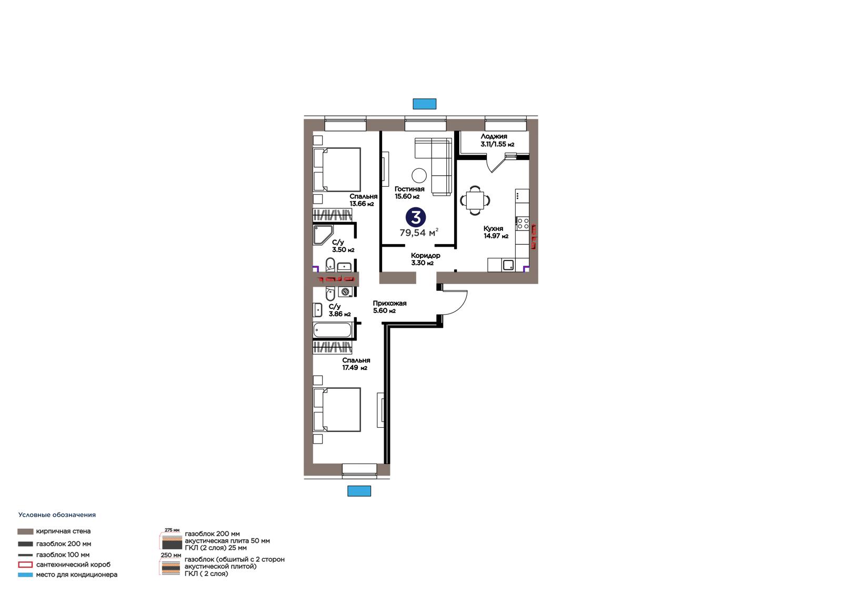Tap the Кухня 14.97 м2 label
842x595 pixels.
[x=496, y=233]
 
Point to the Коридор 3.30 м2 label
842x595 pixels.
[x=425, y=259]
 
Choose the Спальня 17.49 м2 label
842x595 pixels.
[x=356, y=364]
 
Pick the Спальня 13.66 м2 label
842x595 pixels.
[x=363, y=200]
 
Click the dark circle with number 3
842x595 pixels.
[x=415, y=217]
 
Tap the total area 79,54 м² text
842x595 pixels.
[x=419, y=233]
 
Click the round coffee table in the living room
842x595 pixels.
[x=419, y=175]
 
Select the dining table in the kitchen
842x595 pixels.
[x=475, y=200]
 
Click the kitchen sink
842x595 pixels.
[x=508, y=265]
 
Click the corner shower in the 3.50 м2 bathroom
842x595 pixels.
[x=323, y=235]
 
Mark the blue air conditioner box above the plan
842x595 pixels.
[x=424, y=104]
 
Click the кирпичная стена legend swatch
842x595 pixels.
[x=25, y=531]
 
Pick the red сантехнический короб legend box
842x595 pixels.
[x=25, y=564]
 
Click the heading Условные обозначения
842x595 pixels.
[x=57, y=515]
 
